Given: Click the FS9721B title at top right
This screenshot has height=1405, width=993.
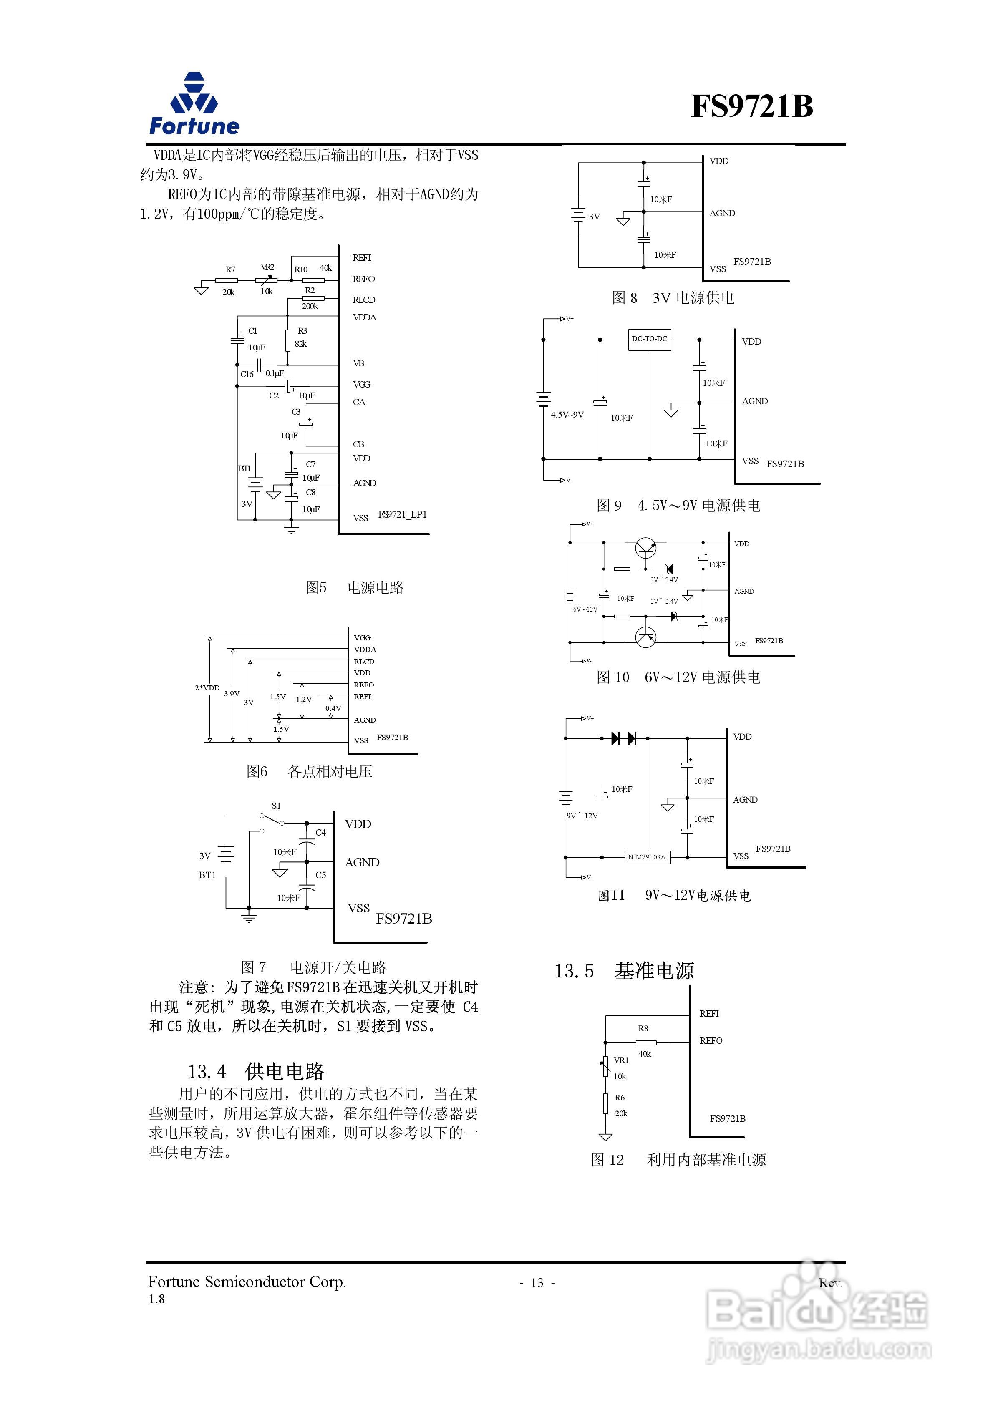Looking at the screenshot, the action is coord(752,106).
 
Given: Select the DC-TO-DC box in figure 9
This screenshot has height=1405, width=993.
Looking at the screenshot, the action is coord(650,339).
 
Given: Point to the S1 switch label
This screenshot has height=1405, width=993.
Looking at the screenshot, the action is coord(276,806).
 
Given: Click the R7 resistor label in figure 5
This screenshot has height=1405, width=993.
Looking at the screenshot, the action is coord(230,269).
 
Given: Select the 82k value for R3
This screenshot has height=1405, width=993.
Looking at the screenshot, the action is coord(300,344).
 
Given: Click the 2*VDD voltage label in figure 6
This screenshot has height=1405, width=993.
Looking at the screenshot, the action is coord(207,688).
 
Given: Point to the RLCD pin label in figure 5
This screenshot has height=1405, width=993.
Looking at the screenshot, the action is coord(364,300).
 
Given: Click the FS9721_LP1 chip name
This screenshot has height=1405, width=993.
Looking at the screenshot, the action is coord(402,515).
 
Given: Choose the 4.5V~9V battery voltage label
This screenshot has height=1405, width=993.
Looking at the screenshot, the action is coord(567,415).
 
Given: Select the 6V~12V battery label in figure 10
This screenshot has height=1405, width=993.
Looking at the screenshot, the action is coord(585,609).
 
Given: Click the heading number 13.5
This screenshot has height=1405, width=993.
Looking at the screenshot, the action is coord(574,971).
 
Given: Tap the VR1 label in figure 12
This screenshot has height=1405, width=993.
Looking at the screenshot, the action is coord(621,1060).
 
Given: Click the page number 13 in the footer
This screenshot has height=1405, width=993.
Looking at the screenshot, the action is coord(537,1283).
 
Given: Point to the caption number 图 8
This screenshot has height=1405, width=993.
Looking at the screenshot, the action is coord(625,298).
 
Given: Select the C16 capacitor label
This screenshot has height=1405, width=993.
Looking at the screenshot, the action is coord(247,374).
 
